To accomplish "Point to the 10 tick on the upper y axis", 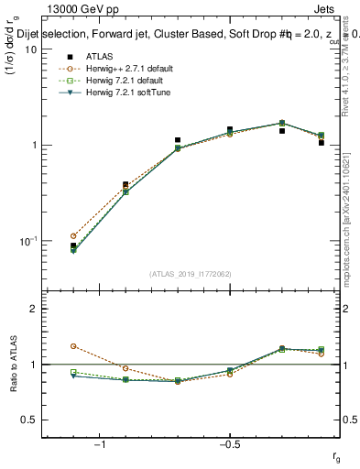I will tap(30, 49).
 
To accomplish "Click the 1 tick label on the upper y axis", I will tap(33, 145).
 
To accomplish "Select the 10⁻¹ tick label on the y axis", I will tap(27, 240).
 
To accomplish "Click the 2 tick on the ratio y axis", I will tap(33, 309).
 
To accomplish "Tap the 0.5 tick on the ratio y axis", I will tap(28, 420).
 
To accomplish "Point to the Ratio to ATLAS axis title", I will tap(12, 366).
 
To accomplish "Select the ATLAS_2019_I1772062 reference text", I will tap(191, 274).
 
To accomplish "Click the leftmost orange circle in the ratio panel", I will tap(73, 346).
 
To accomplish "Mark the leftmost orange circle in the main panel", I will tap(73, 235).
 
